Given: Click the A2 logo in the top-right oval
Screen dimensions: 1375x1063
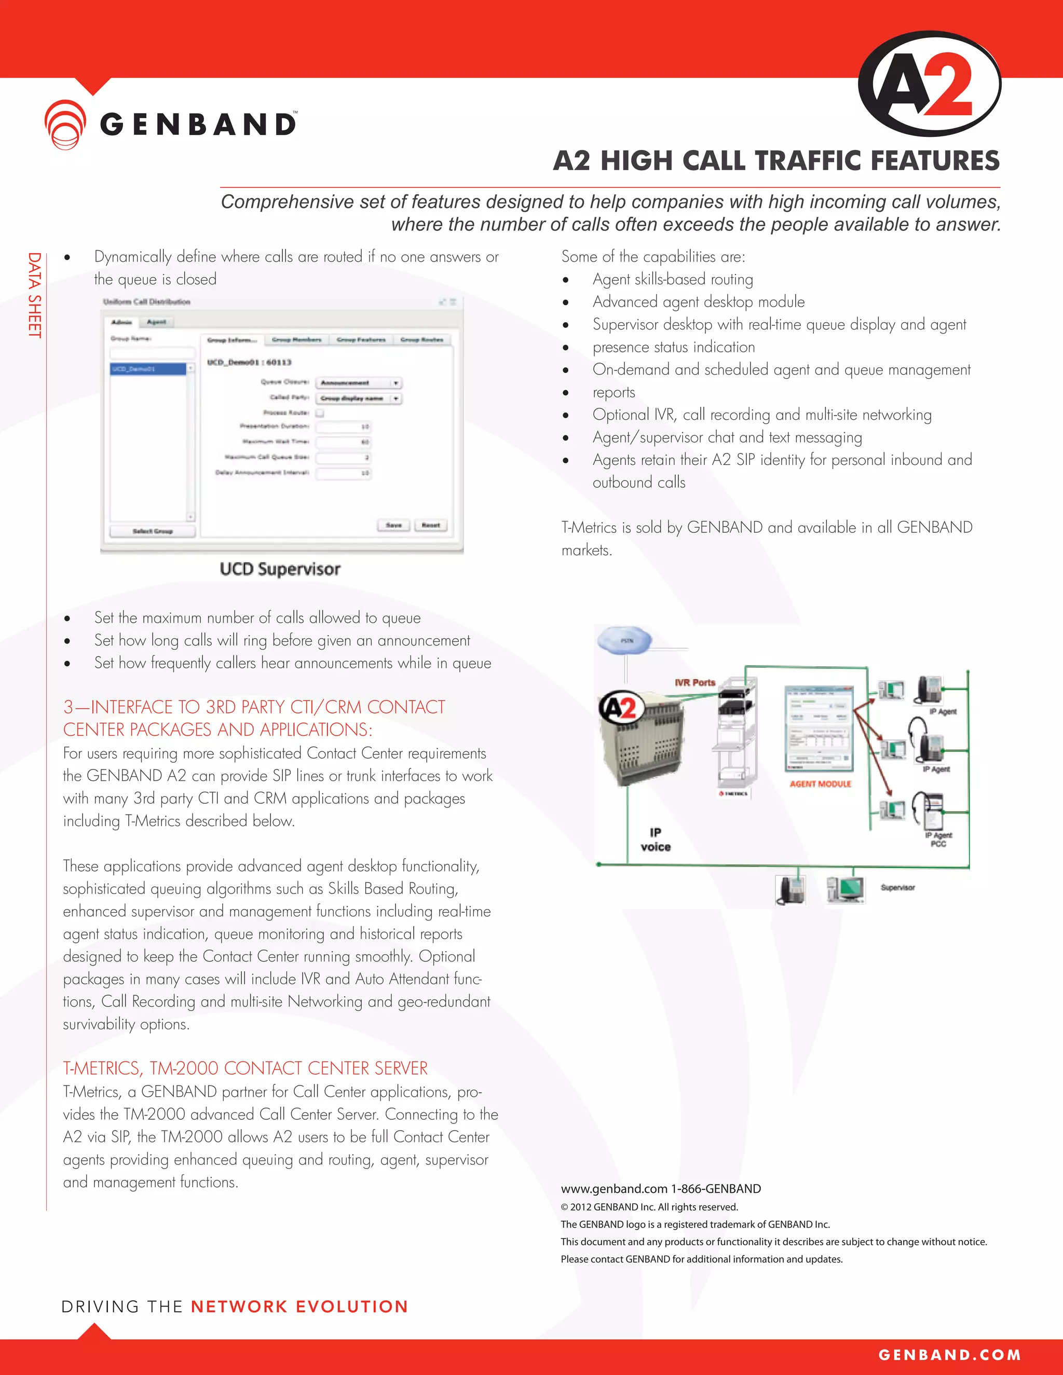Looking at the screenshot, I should pyautogui.click(x=930, y=85).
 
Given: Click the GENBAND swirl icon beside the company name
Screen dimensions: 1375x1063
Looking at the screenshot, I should pyautogui.click(x=65, y=124).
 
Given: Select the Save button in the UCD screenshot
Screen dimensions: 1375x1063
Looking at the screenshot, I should pyautogui.click(x=393, y=525).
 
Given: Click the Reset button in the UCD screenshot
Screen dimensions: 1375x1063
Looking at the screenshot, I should pyautogui.click(x=431, y=525).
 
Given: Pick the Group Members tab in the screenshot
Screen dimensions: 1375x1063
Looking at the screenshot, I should pyautogui.click(x=296, y=340).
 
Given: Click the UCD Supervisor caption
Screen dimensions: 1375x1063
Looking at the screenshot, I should pyautogui.click(x=280, y=569).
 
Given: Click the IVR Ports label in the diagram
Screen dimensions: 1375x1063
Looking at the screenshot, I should pyautogui.click(x=694, y=682).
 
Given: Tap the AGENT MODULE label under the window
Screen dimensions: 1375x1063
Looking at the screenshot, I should pyautogui.click(x=820, y=784).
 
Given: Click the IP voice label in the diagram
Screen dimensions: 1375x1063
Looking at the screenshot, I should pyautogui.click(x=656, y=840).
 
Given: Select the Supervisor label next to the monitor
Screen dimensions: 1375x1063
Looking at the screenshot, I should pyautogui.click(x=897, y=888).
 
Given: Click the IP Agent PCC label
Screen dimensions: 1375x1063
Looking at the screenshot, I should pyautogui.click(x=938, y=839).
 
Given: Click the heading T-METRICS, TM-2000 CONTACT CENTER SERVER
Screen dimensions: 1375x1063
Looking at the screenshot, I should pyautogui.click(x=245, y=1068).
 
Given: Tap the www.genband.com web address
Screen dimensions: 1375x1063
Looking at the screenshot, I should pyautogui.click(x=614, y=1189).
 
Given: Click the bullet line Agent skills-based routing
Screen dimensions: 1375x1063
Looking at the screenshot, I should pyautogui.click(x=673, y=280).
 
